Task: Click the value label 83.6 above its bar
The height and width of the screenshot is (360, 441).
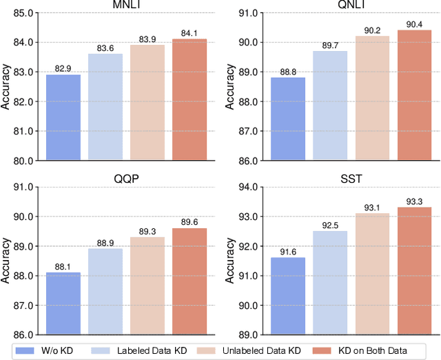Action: click(x=105, y=48)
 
